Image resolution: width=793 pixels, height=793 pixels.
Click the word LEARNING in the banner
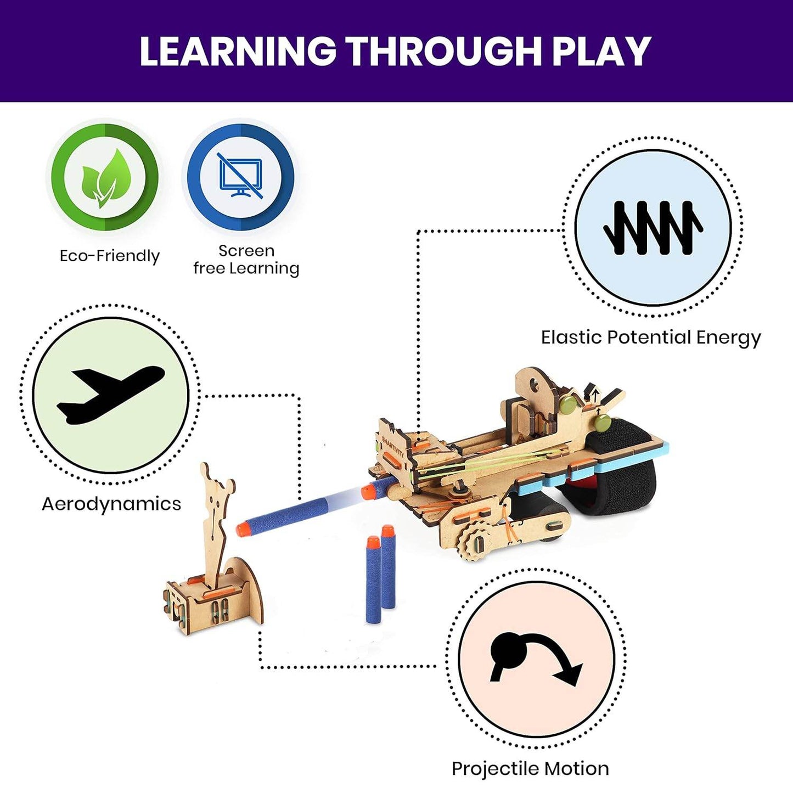pyautogui.click(x=238, y=52)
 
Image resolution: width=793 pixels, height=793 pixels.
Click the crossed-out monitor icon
pyautogui.click(x=240, y=176)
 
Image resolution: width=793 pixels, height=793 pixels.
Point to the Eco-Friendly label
pyautogui.click(x=109, y=256)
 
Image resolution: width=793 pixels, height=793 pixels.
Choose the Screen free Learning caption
pyautogui.click(x=246, y=260)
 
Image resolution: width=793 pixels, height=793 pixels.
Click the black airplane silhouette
pyautogui.click(x=108, y=396)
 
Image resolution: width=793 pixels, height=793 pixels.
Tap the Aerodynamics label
pyautogui.click(x=111, y=504)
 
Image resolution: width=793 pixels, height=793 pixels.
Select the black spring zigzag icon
pyautogui.click(x=653, y=227)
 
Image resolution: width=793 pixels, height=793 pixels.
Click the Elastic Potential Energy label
pyautogui.click(x=651, y=338)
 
